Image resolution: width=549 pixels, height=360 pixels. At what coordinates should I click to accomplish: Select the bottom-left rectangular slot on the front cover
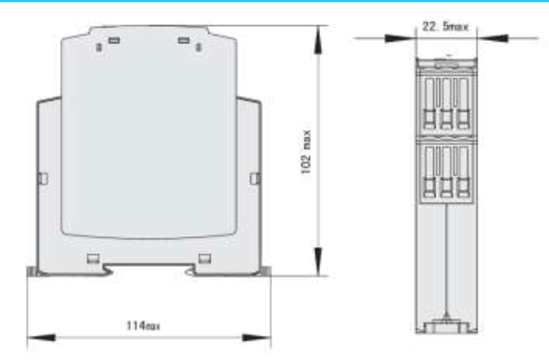[92, 257]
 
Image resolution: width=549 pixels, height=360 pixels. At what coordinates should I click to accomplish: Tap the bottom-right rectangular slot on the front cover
[205, 257]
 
